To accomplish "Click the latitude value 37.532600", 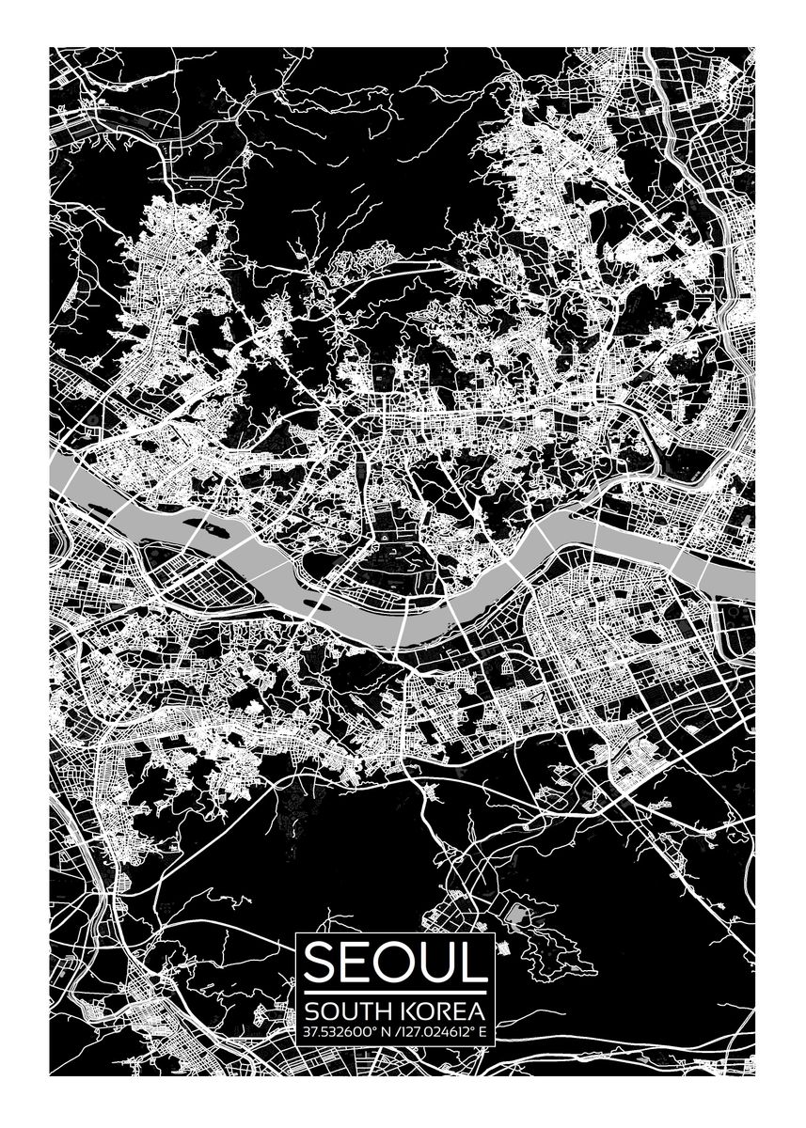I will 334,1032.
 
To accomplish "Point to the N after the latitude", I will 381,1032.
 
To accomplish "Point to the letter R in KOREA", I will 443,1011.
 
